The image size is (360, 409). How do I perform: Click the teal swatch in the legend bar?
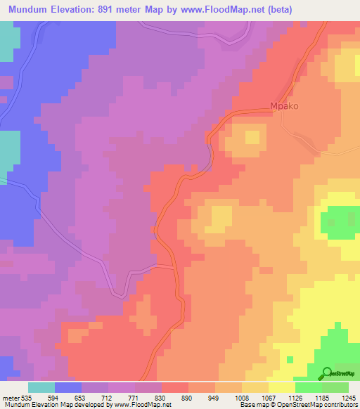tap(41, 387)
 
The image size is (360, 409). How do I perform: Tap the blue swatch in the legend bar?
tap(68, 387)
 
